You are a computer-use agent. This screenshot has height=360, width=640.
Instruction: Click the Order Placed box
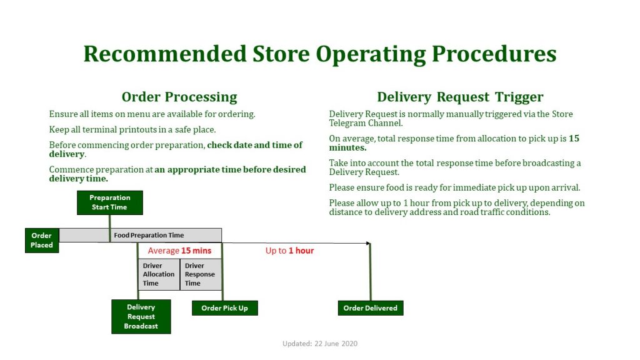pyautogui.click(x=42, y=241)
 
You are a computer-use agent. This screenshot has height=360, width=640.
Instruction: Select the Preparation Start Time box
pyautogui.click(x=110, y=202)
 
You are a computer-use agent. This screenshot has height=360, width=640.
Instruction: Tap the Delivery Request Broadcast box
pyautogui.click(x=141, y=317)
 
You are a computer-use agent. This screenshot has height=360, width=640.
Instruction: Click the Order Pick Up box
pyautogui.click(x=225, y=308)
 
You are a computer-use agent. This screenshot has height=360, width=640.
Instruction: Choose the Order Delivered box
pyautogui.click(x=371, y=308)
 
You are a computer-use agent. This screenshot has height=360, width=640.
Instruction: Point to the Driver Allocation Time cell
pyautogui.click(x=159, y=274)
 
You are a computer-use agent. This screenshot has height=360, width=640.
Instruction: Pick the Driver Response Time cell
pyautogui.click(x=201, y=274)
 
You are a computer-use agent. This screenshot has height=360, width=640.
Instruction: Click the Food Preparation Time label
pyautogui.click(x=149, y=235)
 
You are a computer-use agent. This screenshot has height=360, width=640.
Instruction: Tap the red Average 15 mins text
pyautogui.click(x=179, y=251)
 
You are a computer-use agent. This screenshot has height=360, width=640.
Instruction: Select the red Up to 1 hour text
pyautogui.click(x=290, y=251)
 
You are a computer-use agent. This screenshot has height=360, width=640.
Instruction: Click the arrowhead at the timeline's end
pyautogui.click(x=369, y=244)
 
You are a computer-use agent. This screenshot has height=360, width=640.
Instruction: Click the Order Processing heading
pyautogui.click(x=179, y=97)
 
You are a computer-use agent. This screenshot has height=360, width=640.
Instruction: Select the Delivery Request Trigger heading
pyautogui.click(x=460, y=97)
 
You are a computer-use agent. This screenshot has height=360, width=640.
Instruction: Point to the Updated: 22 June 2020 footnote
pyautogui.click(x=320, y=344)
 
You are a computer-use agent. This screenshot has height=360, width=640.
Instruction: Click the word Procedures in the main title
pyautogui.click(x=494, y=54)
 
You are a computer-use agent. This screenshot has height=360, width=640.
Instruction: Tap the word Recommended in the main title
pyautogui.click(x=165, y=54)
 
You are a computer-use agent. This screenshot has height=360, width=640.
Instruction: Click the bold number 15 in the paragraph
pyautogui.click(x=574, y=138)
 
